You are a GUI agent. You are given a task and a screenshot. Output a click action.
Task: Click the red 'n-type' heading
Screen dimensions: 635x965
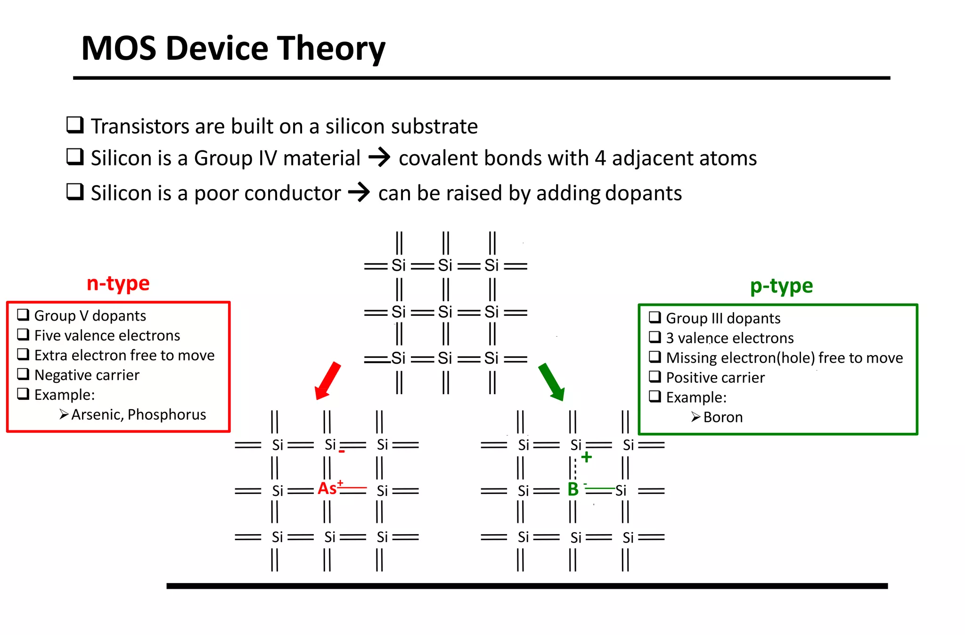pyautogui.click(x=118, y=283)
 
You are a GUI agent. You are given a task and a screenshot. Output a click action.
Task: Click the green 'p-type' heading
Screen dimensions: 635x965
pyautogui.click(x=781, y=286)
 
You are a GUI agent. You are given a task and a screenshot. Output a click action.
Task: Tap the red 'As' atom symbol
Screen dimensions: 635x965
pyautogui.click(x=327, y=488)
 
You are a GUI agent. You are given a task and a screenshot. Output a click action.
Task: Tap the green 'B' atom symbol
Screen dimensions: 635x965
pyautogui.click(x=573, y=489)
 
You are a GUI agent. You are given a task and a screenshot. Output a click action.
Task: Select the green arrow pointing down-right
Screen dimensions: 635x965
pyautogui.click(x=551, y=381)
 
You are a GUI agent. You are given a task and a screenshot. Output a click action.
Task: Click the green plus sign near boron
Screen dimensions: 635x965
pyautogui.click(x=587, y=457)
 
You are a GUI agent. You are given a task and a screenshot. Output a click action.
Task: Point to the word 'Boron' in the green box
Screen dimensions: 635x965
pyautogui.click(x=723, y=417)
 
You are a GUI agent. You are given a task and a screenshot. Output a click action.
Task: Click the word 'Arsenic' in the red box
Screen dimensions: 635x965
pyautogui.click(x=98, y=414)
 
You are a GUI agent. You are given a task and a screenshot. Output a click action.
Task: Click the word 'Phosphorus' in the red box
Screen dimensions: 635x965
pyautogui.click(x=167, y=414)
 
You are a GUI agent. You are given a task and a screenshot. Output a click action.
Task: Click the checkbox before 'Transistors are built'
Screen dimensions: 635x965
pyautogui.click(x=75, y=125)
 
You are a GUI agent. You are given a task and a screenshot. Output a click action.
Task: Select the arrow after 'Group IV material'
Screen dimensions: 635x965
pyautogui.click(x=379, y=157)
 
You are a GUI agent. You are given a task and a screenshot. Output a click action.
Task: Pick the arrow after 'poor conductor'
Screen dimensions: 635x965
pyautogui.click(x=359, y=192)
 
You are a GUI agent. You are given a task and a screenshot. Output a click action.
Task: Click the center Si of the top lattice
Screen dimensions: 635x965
pyautogui.click(x=445, y=312)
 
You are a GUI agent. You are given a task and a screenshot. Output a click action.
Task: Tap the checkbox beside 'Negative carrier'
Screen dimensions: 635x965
pyautogui.click(x=23, y=374)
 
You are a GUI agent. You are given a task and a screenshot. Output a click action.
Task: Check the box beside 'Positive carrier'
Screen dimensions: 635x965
pyautogui.click(x=655, y=377)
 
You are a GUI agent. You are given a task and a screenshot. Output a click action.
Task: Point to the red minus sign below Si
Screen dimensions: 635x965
pyautogui.click(x=342, y=452)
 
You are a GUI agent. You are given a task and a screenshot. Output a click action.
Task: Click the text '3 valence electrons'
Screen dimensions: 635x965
pyautogui.click(x=729, y=338)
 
